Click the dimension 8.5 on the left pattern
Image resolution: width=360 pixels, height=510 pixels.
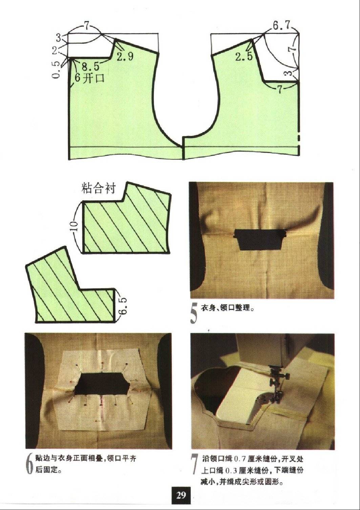point(90,66)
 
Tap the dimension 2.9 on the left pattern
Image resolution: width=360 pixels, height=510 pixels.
point(125,57)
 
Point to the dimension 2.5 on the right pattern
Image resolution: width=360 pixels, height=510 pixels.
point(244,57)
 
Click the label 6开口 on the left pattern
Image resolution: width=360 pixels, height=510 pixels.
point(89,78)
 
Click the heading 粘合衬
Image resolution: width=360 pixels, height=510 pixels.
point(99,188)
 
